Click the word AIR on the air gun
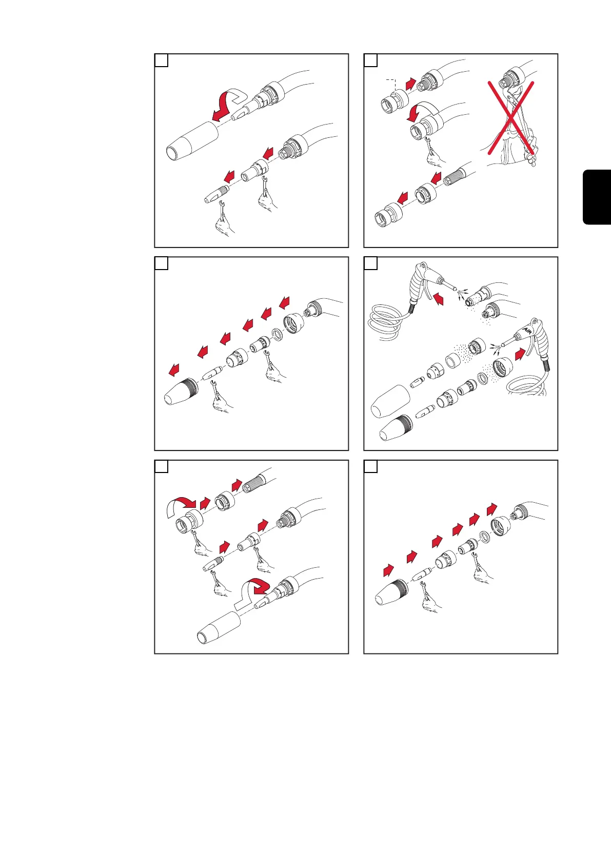pyautogui.click(x=528, y=330)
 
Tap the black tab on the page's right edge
pyautogui.click(x=597, y=197)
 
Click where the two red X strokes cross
pyautogui.click(x=511, y=117)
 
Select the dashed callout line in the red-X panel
pyautogui.click(x=392, y=85)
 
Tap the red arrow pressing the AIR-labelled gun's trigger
pyautogui.click(x=520, y=354)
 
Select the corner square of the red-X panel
pyautogui.click(x=370, y=60)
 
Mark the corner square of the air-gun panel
pyautogui.click(x=370, y=263)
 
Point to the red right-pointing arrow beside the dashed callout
pyautogui.click(x=411, y=84)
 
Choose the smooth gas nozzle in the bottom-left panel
pyautogui.click(x=219, y=628)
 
